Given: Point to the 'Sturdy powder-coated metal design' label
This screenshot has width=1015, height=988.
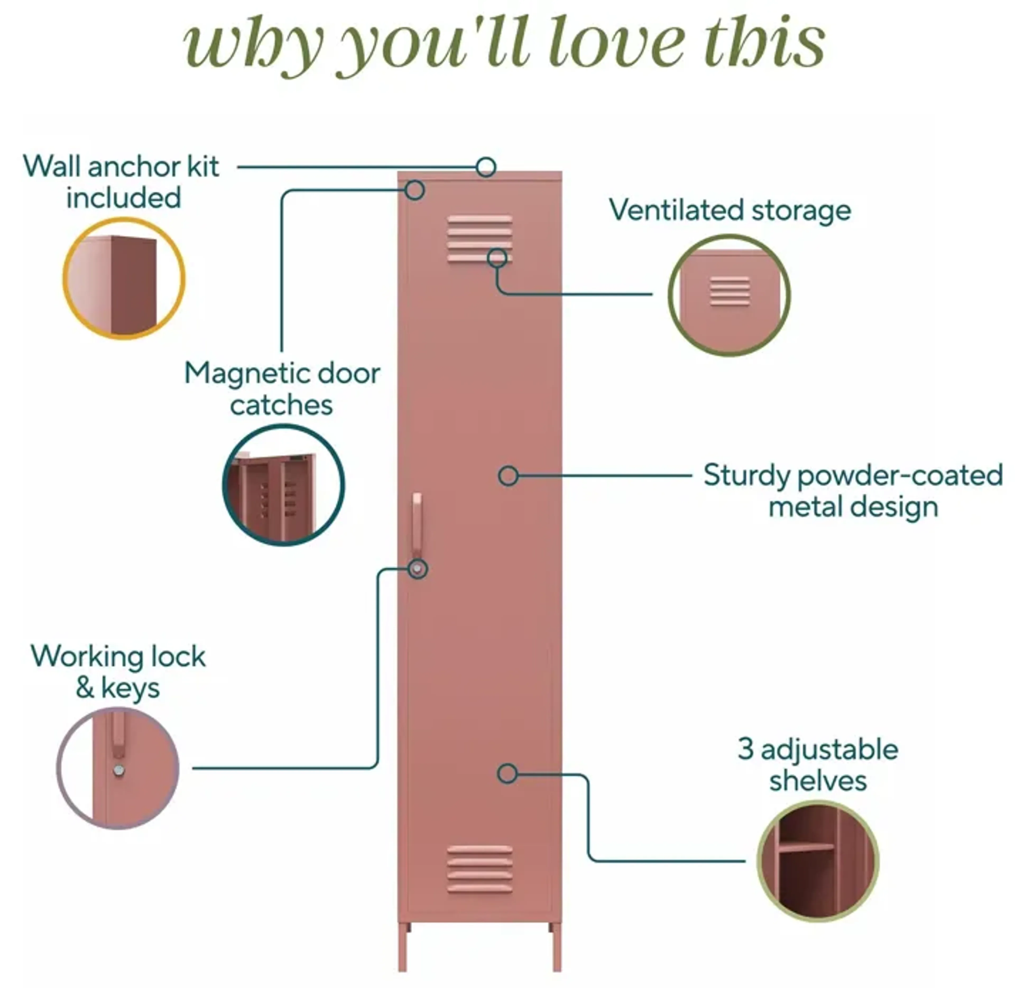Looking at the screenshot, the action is coord(853,490).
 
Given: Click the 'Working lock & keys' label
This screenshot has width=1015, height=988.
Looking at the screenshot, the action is coord(118,672).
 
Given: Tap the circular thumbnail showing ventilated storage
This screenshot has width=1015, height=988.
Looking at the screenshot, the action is coord(729,295).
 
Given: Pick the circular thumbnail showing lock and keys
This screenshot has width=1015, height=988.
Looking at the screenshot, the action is coord(118,768).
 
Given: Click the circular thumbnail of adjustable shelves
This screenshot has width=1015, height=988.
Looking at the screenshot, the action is coord(818,861).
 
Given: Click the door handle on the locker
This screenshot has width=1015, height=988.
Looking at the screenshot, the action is coord(417,524).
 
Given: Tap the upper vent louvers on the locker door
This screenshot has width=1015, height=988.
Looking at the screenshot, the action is coord(479,239).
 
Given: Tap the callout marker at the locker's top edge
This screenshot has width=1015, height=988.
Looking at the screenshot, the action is coord(486,167).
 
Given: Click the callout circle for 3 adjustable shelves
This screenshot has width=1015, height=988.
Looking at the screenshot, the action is coord(507,774).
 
